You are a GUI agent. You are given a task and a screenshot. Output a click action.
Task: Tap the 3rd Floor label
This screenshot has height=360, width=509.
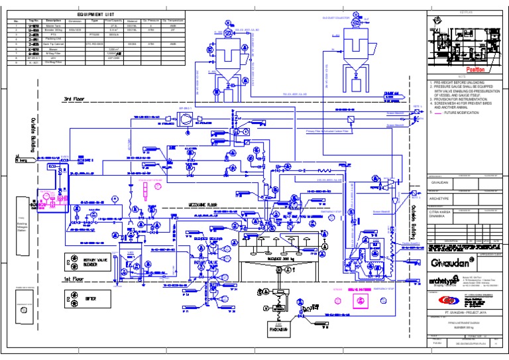[x=78, y=99]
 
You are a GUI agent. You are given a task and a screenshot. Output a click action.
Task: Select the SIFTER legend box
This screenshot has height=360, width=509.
[x=89, y=300]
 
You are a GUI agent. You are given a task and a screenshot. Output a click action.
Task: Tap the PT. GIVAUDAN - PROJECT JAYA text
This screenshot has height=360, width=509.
[x=463, y=310]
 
